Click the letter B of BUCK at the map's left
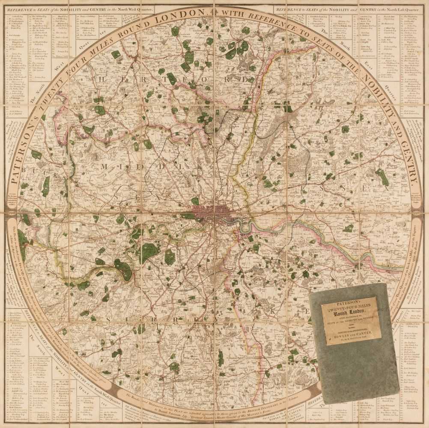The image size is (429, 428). pos(25,170)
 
